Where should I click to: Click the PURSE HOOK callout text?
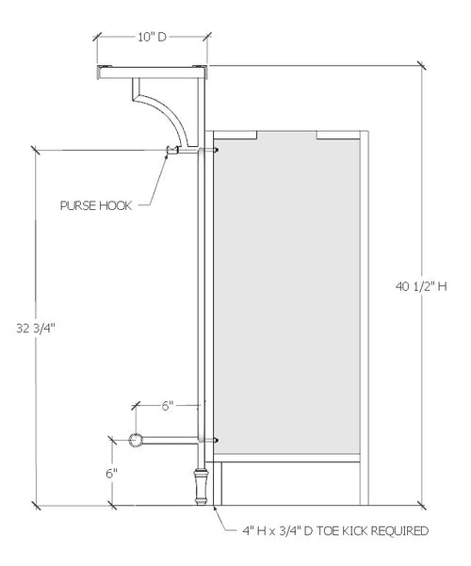point(93,202)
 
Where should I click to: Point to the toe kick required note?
point(334,530)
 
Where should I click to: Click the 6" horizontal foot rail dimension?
point(168,406)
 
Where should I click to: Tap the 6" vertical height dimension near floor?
point(111,473)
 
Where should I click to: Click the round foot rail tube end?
point(136,440)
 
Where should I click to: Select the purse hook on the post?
point(172,150)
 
